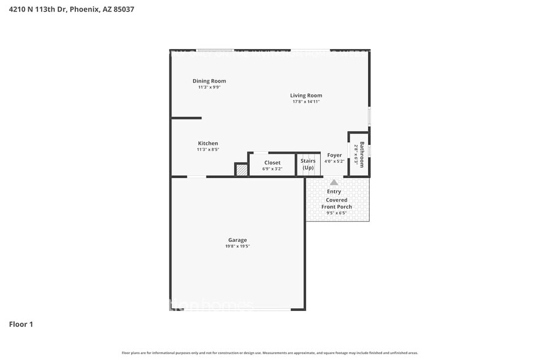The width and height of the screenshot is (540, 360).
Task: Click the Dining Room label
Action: coord(209,81)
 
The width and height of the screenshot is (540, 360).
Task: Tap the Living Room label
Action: coord(306,96)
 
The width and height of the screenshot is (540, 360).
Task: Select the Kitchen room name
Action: coord(208,143)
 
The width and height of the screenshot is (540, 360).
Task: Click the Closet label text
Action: coord(272,163)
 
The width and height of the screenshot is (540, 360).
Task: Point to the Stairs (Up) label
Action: coord(308,164)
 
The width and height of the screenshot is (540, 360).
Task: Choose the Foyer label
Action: coord(334,156)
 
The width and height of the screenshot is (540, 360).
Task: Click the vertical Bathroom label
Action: coord(362,154)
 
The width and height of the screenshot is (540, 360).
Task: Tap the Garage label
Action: coord(238,240)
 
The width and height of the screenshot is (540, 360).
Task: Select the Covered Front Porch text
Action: coord(336,203)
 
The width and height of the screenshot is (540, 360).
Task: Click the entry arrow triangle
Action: coord(334,182)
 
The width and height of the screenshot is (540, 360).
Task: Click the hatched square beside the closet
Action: coord(242,170)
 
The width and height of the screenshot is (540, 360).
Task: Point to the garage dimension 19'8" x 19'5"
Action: coord(238,246)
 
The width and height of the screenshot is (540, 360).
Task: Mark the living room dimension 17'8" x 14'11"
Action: coord(306,102)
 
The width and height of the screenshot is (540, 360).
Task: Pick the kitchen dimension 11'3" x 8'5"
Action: coord(208,149)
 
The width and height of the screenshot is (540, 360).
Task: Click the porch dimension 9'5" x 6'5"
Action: coord(336,213)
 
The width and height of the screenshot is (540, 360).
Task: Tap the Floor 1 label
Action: coord(21,324)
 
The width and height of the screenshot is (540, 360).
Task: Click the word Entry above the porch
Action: coord(334,192)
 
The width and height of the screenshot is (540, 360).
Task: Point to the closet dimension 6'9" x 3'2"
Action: coord(272,168)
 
